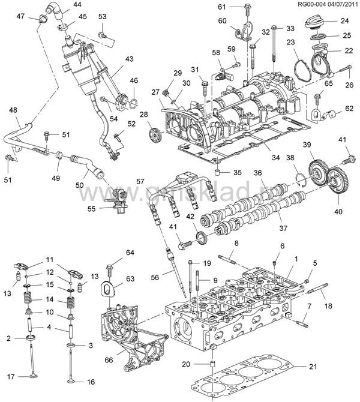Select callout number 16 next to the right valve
pos(91,382)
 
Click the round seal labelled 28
pos(154,133)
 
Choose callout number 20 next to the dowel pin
pos(186,364)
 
